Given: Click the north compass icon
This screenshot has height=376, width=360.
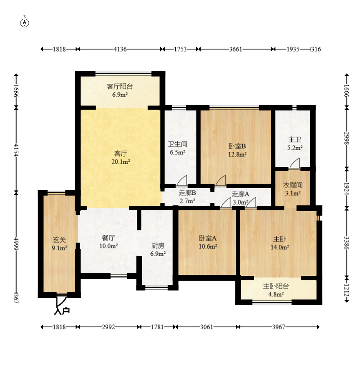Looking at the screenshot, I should [25, 22].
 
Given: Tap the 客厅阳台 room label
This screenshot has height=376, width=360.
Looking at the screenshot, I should [120, 87].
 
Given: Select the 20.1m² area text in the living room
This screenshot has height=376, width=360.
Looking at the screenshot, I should [120, 162].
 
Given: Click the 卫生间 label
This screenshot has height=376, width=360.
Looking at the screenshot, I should [177, 144].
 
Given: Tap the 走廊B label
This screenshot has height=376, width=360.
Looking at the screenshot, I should [187, 193].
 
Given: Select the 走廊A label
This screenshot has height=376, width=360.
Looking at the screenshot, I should [240, 194].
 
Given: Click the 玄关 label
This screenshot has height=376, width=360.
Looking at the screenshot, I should [59, 239].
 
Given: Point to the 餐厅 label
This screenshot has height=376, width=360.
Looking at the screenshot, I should [108, 238].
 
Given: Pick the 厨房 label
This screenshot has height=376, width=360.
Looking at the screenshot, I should [158, 246].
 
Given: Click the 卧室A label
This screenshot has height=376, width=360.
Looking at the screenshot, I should [208, 238].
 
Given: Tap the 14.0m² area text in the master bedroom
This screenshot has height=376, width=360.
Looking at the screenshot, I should [281, 247].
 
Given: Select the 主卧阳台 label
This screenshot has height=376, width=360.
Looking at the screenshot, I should [276, 286].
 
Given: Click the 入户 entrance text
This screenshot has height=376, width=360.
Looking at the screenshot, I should [62, 311].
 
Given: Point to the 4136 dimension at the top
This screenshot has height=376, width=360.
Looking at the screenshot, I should [120, 49].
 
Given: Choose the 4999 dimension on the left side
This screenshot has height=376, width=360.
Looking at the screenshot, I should [16, 242].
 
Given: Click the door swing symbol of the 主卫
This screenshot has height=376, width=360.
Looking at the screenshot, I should [294, 164].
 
